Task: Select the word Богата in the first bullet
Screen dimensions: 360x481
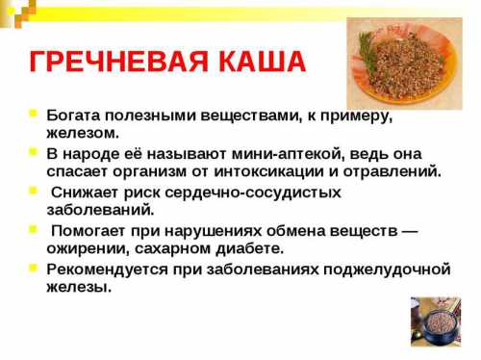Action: [x=73, y=115]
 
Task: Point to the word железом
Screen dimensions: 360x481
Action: [x=83, y=132]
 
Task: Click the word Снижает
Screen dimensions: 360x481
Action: [x=86, y=192]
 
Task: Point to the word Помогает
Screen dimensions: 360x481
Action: [x=91, y=230]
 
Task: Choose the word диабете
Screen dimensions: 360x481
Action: [x=246, y=247]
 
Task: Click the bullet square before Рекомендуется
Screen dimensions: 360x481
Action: [x=35, y=269]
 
